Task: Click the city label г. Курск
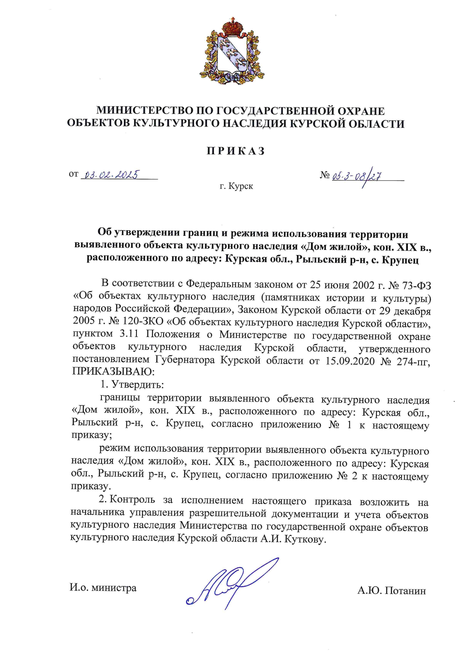(x=236, y=186)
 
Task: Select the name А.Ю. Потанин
(x=391, y=591)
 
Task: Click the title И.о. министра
(x=103, y=588)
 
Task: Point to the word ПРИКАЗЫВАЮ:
(x=114, y=371)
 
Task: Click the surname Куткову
(x=305, y=539)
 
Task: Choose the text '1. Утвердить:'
(x=132, y=384)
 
